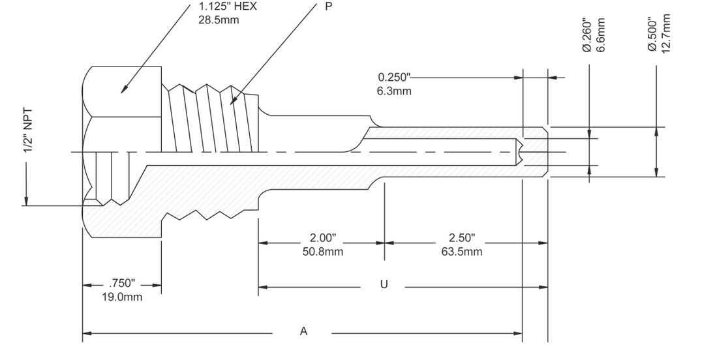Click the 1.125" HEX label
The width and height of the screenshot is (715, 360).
tap(228, 7)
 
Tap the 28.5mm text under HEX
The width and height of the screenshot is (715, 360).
tap(219, 20)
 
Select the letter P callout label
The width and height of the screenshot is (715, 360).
tap(329, 7)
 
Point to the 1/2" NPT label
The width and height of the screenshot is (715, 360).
tap(28, 131)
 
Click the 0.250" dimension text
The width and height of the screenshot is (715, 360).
tap(395, 78)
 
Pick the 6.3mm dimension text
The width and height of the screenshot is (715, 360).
tap(394, 91)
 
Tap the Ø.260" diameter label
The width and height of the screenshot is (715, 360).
tap(587, 35)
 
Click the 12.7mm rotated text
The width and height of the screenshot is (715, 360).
tap(665, 33)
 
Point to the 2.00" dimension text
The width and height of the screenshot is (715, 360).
tap(323, 237)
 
